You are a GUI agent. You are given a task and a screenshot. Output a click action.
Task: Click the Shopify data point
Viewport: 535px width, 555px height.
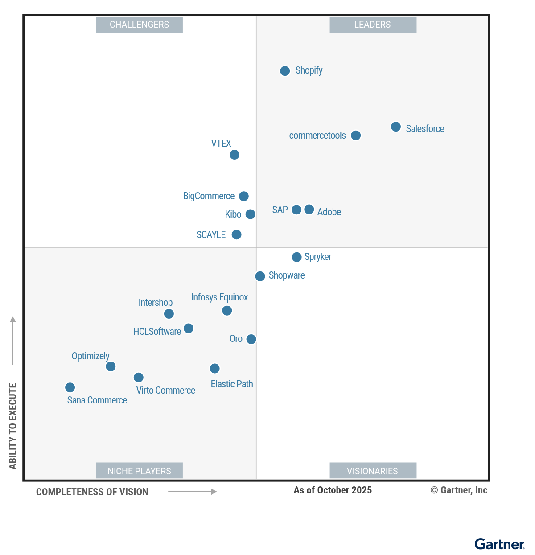coord(285,71)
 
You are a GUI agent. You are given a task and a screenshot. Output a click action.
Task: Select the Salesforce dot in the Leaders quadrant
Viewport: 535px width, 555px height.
coord(395,127)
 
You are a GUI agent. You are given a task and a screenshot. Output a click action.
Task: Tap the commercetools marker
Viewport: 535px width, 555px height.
coord(355,136)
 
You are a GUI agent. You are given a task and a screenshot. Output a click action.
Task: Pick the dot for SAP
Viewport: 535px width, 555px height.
coord(296,210)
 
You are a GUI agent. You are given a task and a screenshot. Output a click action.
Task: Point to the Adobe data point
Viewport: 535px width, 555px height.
coord(309,210)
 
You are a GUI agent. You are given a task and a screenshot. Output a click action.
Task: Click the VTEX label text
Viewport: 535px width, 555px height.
coord(221,144)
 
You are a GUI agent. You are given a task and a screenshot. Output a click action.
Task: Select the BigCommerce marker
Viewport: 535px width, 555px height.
coord(243,196)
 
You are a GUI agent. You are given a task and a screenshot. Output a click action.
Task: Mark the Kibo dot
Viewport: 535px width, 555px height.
coord(251,214)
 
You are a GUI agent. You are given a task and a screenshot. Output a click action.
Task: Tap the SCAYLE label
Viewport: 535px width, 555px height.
coord(211,235)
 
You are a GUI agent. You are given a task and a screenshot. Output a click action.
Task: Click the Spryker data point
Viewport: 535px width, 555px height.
coord(296,257)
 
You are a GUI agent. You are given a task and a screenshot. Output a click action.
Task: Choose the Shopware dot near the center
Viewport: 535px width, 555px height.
coord(260,276)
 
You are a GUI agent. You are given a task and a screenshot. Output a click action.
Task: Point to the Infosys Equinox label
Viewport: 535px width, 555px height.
coord(219,297)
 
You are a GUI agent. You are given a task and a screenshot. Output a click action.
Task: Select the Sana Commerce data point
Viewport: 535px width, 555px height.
coord(70,387)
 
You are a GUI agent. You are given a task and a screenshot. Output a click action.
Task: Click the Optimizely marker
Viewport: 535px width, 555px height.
coord(111,366)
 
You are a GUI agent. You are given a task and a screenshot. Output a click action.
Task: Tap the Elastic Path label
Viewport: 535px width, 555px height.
coord(232,384)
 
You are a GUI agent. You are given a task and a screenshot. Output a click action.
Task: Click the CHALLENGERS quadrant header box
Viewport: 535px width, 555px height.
coord(139,25)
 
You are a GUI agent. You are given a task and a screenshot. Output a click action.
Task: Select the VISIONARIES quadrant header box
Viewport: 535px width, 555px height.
coord(373,471)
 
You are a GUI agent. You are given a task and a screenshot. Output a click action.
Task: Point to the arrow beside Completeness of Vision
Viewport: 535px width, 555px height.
coord(192,492)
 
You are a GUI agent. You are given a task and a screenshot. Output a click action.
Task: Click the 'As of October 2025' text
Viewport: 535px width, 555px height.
coord(333,490)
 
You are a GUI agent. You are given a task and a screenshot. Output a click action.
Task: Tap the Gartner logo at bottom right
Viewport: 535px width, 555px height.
coord(499,544)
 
